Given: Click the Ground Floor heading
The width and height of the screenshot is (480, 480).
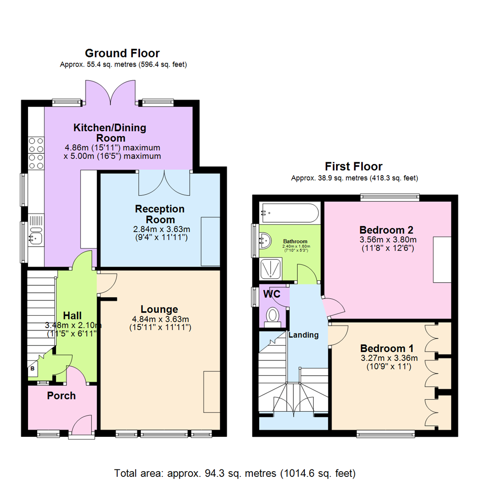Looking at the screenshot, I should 122,53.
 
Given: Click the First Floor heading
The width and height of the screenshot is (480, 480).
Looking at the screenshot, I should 353,167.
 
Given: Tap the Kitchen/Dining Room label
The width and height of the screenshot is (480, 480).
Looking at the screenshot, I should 109,133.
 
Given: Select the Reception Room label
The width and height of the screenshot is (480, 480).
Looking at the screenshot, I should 160,214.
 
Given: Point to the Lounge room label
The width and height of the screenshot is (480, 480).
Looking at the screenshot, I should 160,309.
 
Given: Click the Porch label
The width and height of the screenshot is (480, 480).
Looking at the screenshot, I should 61,396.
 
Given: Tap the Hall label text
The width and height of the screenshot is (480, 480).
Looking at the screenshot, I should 72,315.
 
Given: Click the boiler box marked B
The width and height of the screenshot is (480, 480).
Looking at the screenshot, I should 32,369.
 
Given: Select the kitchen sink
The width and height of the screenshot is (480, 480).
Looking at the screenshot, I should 36,238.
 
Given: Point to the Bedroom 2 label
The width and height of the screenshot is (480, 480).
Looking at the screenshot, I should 386,230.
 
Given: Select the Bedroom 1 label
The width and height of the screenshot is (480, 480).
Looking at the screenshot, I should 387,348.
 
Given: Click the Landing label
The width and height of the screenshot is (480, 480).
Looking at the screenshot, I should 304,335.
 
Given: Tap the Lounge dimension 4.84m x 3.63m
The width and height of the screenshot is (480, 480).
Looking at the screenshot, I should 160,319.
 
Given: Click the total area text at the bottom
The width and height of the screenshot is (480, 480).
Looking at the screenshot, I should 235,472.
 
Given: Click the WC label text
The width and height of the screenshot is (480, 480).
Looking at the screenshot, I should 272,294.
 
